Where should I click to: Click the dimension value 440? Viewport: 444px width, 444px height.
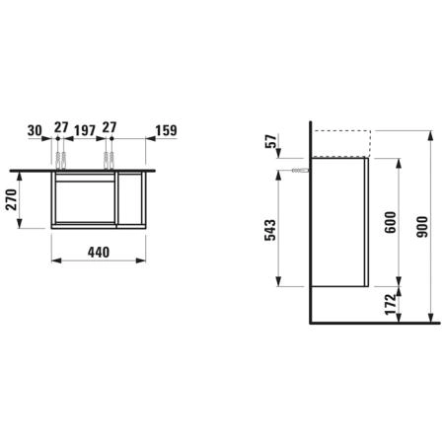[x=99, y=253]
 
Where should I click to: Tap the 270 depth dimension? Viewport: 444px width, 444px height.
[x=12, y=199]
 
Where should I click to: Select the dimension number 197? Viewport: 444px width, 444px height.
[x=85, y=130]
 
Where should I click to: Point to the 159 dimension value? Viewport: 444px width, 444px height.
[x=166, y=130]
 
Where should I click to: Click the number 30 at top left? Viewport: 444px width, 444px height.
[x=35, y=130]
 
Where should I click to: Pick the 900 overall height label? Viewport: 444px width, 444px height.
[x=422, y=227]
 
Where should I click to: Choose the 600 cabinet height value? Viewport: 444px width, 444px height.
[x=391, y=222]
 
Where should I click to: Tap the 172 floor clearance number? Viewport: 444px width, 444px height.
[x=391, y=305]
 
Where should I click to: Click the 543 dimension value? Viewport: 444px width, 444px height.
[x=270, y=230]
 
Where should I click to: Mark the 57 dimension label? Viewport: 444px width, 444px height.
[x=271, y=142]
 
